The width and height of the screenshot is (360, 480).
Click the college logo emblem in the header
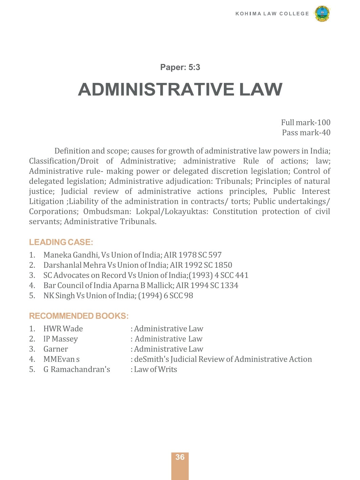pyautogui.click(x=322, y=14)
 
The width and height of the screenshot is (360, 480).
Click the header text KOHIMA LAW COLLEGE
pyautogui.click(x=272, y=14)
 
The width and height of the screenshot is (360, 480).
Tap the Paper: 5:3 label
pyautogui.click(x=180, y=67)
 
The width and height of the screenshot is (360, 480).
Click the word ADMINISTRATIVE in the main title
pyautogui.click(x=156, y=90)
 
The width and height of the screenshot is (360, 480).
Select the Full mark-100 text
pyautogui.click(x=305, y=123)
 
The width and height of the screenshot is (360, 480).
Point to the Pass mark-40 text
pyautogui.click(x=306, y=133)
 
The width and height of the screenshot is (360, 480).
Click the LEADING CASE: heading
pyautogui.click(x=61, y=242)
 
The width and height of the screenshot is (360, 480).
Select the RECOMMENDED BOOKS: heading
pyautogui.click(x=79, y=316)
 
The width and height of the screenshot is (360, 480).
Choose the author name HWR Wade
pyautogui.click(x=63, y=329)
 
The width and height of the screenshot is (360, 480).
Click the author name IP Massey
pyautogui.click(x=61, y=339)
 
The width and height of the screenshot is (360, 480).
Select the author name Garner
pyautogui.click(x=56, y=349)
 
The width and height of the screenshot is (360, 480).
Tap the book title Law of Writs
pyautogui.click(x=155, y=370)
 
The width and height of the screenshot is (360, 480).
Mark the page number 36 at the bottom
pyautogui.click(x=180, y=457)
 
